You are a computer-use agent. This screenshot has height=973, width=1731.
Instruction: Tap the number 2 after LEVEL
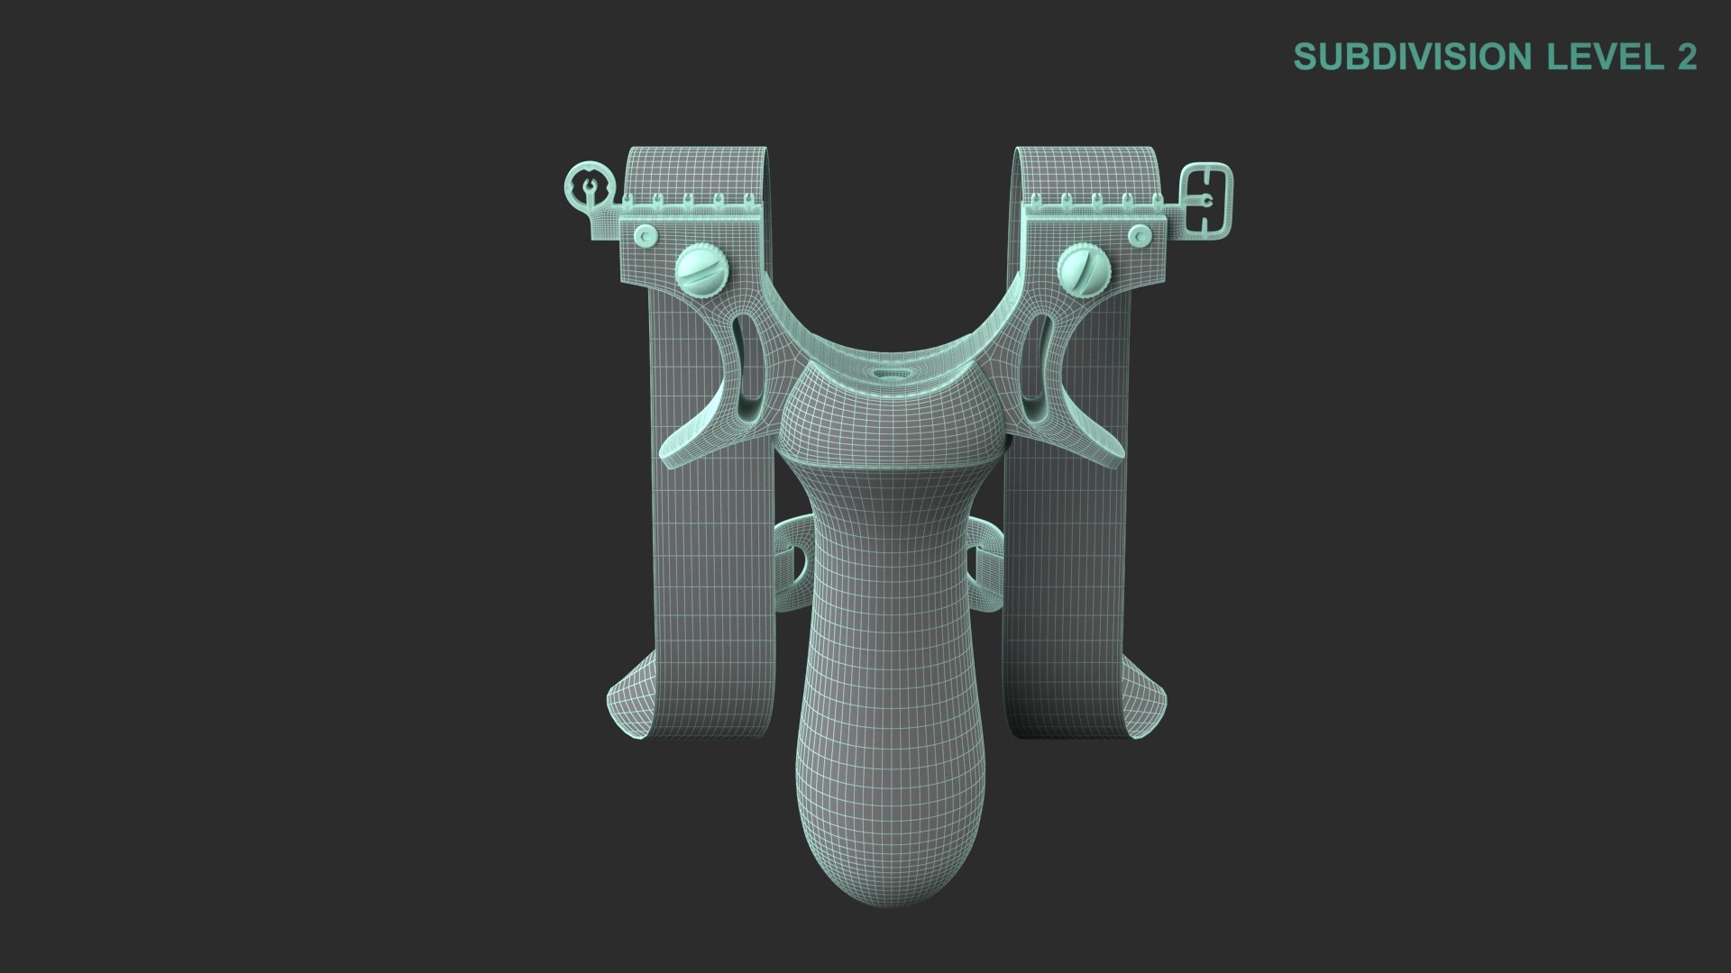[x=1687, y=57]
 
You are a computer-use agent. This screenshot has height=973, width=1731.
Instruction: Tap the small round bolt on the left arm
[x=645, y=236]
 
